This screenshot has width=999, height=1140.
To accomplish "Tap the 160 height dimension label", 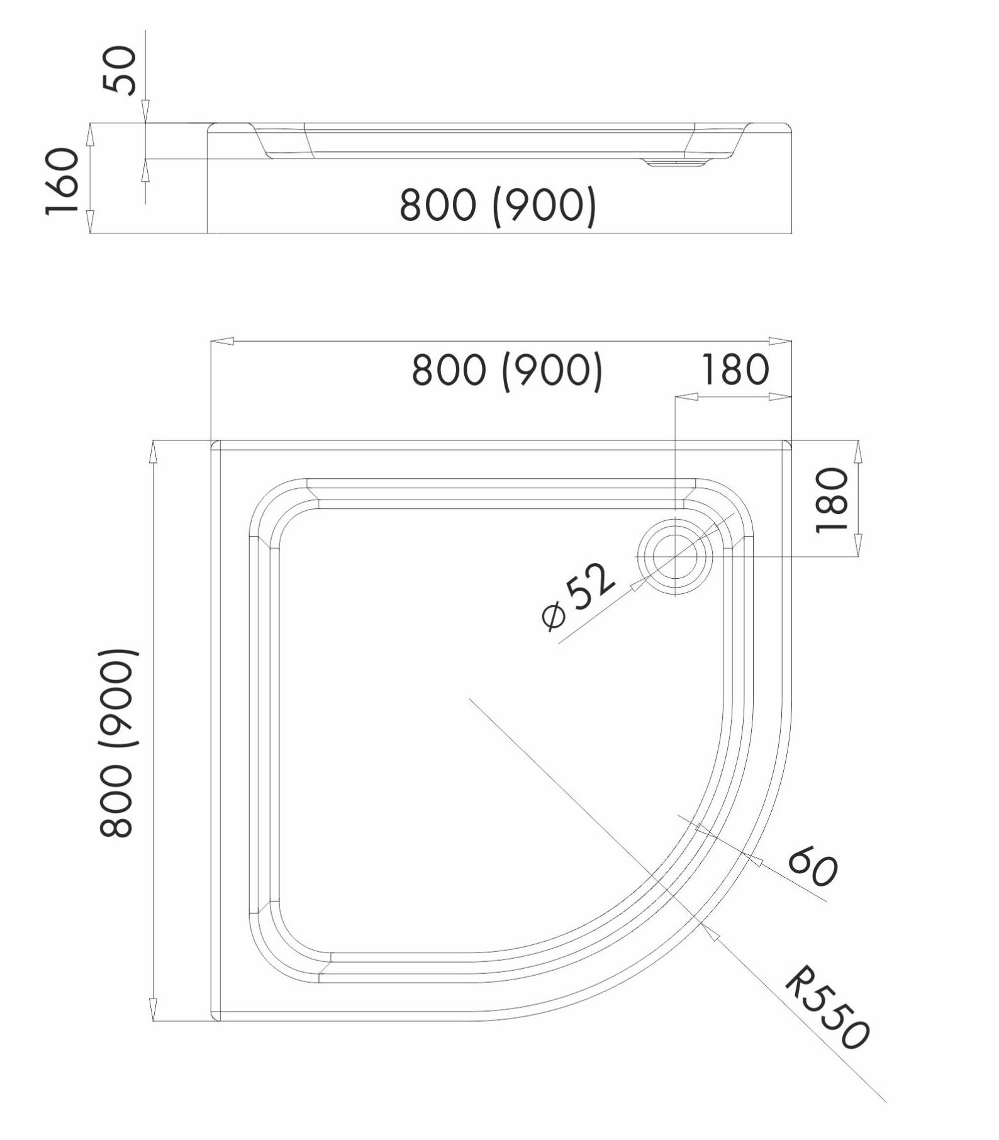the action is [63, 181].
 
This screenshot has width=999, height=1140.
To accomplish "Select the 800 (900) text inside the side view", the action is [498, 205].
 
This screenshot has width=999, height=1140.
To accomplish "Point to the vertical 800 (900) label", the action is [117, 742].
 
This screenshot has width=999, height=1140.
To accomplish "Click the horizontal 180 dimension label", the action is [735, 369].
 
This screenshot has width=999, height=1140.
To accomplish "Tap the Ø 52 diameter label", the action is [577, 595].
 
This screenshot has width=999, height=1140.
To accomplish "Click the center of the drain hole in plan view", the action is [675, 557].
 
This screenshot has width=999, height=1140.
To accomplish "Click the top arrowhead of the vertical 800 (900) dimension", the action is [152, 452].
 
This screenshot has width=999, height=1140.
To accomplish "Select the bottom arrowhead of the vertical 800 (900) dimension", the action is [152, 1009].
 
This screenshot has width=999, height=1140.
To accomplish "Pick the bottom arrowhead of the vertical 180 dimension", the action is [859, 545].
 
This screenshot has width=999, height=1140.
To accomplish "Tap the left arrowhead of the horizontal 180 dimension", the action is [687, 397].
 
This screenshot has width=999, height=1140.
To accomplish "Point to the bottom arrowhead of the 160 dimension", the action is [89, 221].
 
